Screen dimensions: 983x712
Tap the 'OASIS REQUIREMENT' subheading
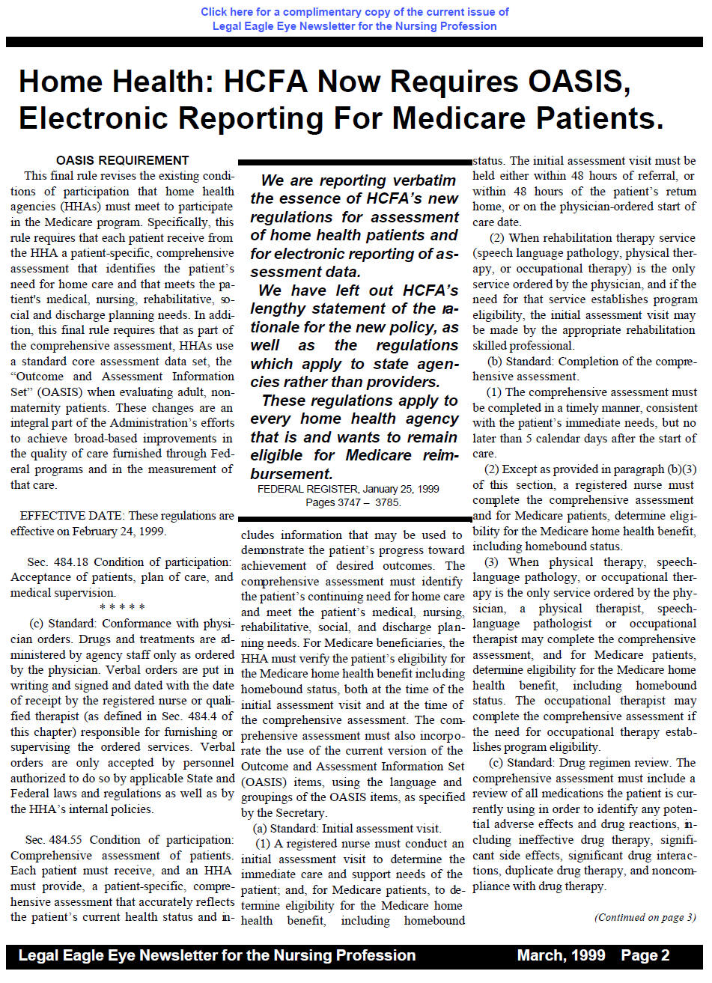pos(123,160)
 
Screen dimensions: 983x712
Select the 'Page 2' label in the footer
pos(645,955)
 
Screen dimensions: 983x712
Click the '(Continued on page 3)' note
pos(645,917)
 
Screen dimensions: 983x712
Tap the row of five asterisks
pos(122,608)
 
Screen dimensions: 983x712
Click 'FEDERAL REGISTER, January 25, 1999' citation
pos(348,489)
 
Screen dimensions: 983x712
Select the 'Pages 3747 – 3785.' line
pos(353,502)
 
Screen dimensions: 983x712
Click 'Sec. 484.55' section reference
pos(56,840)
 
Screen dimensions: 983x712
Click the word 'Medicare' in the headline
pos(472,118)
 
